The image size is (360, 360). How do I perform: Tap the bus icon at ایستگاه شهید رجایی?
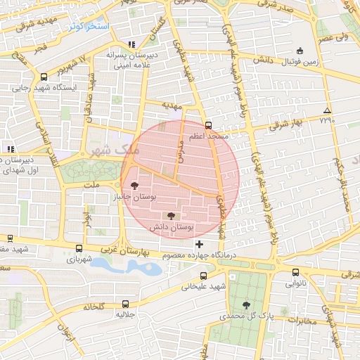44,77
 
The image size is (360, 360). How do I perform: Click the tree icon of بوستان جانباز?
134,185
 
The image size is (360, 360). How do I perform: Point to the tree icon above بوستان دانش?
172,216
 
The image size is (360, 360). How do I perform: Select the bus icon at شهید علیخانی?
203,276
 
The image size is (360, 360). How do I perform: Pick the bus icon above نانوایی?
295,273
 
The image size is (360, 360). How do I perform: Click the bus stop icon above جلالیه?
125,304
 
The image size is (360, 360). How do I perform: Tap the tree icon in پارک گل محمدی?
245,304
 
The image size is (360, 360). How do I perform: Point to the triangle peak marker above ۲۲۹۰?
326,111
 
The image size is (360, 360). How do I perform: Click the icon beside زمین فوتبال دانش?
300,50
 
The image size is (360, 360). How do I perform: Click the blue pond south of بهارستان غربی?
120,266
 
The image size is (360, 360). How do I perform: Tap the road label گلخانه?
94,307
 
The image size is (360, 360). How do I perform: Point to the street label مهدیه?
172,105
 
